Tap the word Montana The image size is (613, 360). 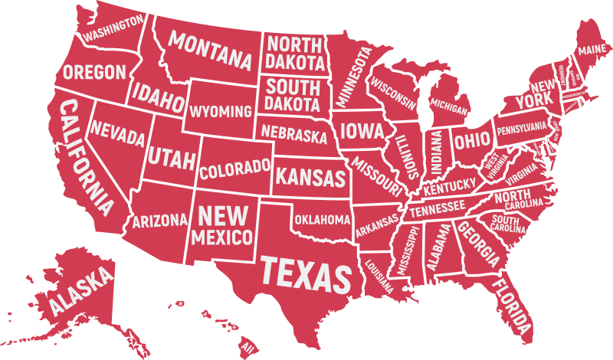pyautogui.click(x=211, y=48)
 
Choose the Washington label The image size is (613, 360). pyautogui.click(x=113, y=28)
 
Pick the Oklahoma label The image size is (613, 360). pyautogui.click(x=322, y=220)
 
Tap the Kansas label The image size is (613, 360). pyautogui.click(x=310, y=178)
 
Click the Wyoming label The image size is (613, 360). pyautogui.click(x=220, y=112)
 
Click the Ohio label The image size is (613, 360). pyautogui.click(x=467, y=141)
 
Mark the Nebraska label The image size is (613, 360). pyautogui.click(x=293, y=133)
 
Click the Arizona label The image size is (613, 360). pyautogui.click(x=159, y=221)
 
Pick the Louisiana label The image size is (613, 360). pyautogui.click(x=380, y=273)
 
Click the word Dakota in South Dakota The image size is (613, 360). pyautogui.click(x=293, y=103)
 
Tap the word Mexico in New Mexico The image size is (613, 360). pyautogui.click(x=222, y=236)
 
